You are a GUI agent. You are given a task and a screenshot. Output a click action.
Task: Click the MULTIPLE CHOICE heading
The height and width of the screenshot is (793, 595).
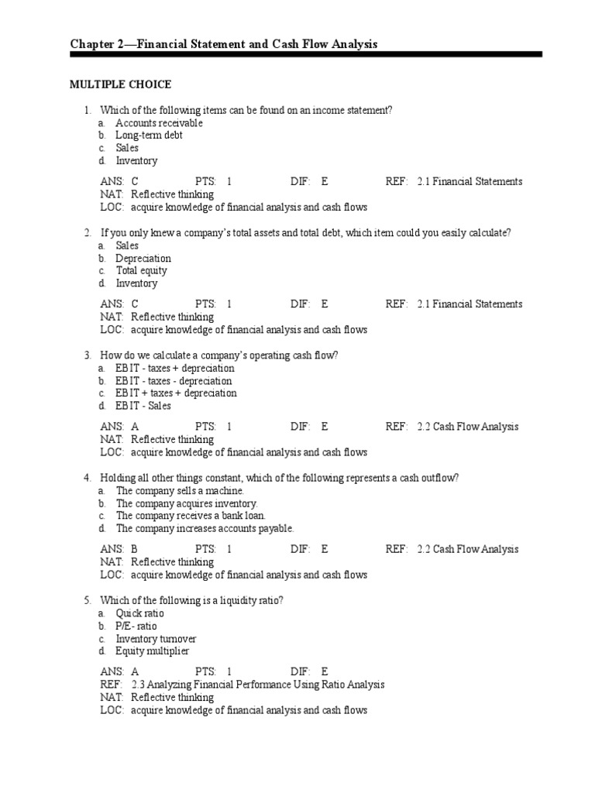pos(120,84)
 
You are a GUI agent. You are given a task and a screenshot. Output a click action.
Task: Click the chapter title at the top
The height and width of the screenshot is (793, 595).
pos(224,45)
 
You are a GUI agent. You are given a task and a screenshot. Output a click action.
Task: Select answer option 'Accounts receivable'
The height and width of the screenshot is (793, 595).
pos(159,123)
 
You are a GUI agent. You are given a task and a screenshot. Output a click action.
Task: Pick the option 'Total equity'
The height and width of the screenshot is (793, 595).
pos(141,271)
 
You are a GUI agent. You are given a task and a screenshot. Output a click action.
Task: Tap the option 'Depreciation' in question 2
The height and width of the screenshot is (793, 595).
pos(143,259)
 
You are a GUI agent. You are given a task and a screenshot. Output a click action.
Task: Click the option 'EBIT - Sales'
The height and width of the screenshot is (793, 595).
pos(143,406)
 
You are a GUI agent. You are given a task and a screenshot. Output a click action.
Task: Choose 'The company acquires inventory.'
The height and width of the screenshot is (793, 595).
pos(187,503)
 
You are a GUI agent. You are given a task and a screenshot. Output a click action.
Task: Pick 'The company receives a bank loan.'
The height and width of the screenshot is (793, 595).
pos(191,516)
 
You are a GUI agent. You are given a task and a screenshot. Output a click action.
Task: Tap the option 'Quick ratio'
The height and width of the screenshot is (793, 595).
pos(139,614)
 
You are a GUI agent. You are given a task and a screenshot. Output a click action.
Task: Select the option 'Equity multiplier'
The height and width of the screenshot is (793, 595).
pos(152,651)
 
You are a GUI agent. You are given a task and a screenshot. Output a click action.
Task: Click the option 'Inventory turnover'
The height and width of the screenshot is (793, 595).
pos(156,639)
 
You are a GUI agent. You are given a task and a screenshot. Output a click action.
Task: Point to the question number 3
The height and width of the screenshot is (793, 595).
pos(88,355)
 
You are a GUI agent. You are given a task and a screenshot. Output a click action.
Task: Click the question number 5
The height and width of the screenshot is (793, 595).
pos(88,601)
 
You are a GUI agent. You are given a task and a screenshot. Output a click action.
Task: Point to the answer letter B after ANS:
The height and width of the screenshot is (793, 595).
pos(135,549)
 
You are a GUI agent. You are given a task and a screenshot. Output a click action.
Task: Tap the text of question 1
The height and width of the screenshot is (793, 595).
pos(246,111)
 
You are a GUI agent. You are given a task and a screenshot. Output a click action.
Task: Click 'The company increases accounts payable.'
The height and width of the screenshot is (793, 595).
pos(205,528)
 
